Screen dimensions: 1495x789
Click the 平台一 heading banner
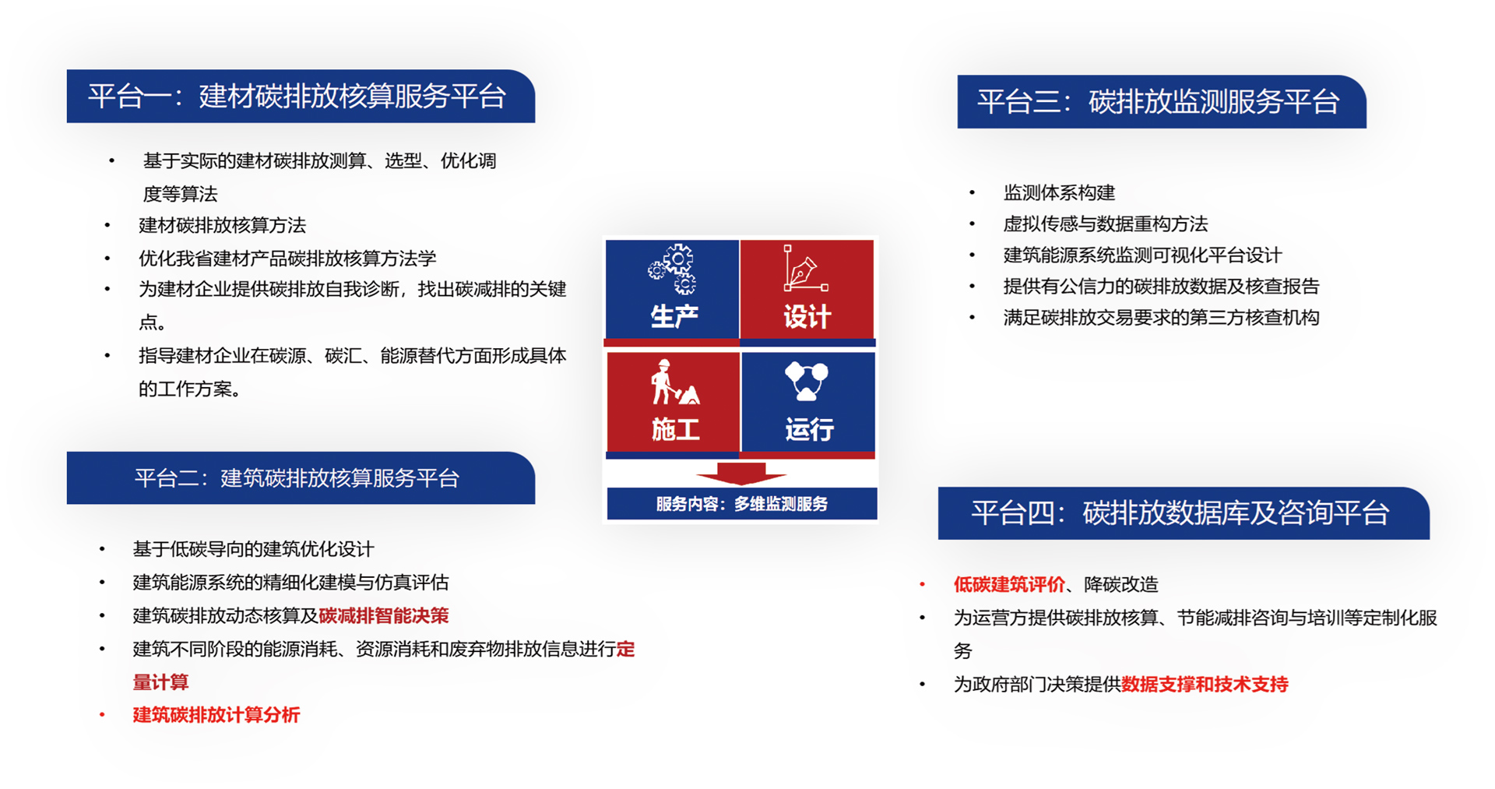pos(301,97)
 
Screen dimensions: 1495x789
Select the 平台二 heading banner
pos(301,478)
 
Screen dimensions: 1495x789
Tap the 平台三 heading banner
pos(1162,102)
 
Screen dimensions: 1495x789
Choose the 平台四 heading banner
pos(1184,513)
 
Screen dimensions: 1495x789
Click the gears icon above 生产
pos(673,269)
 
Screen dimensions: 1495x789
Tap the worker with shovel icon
pos(674,382)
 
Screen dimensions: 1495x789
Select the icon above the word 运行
pos(807,381)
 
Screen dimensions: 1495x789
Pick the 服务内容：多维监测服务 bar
pos(742,504)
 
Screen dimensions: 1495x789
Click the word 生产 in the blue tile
pos(674,316)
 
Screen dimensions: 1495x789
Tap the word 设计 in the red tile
pos(807,317)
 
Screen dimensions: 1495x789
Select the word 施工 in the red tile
pos(675,429)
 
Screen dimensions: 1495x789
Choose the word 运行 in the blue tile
pos(810,429)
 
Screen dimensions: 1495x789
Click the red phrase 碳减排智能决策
pos(384,616)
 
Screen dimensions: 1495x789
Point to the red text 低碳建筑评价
pos(1009,584)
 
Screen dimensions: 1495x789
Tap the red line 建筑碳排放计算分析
pos(216,715)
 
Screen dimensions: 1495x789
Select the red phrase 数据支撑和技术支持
pos(1205,685)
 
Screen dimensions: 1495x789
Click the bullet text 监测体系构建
pos(1059,192)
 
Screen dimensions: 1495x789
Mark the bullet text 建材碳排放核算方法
pos(222,225)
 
